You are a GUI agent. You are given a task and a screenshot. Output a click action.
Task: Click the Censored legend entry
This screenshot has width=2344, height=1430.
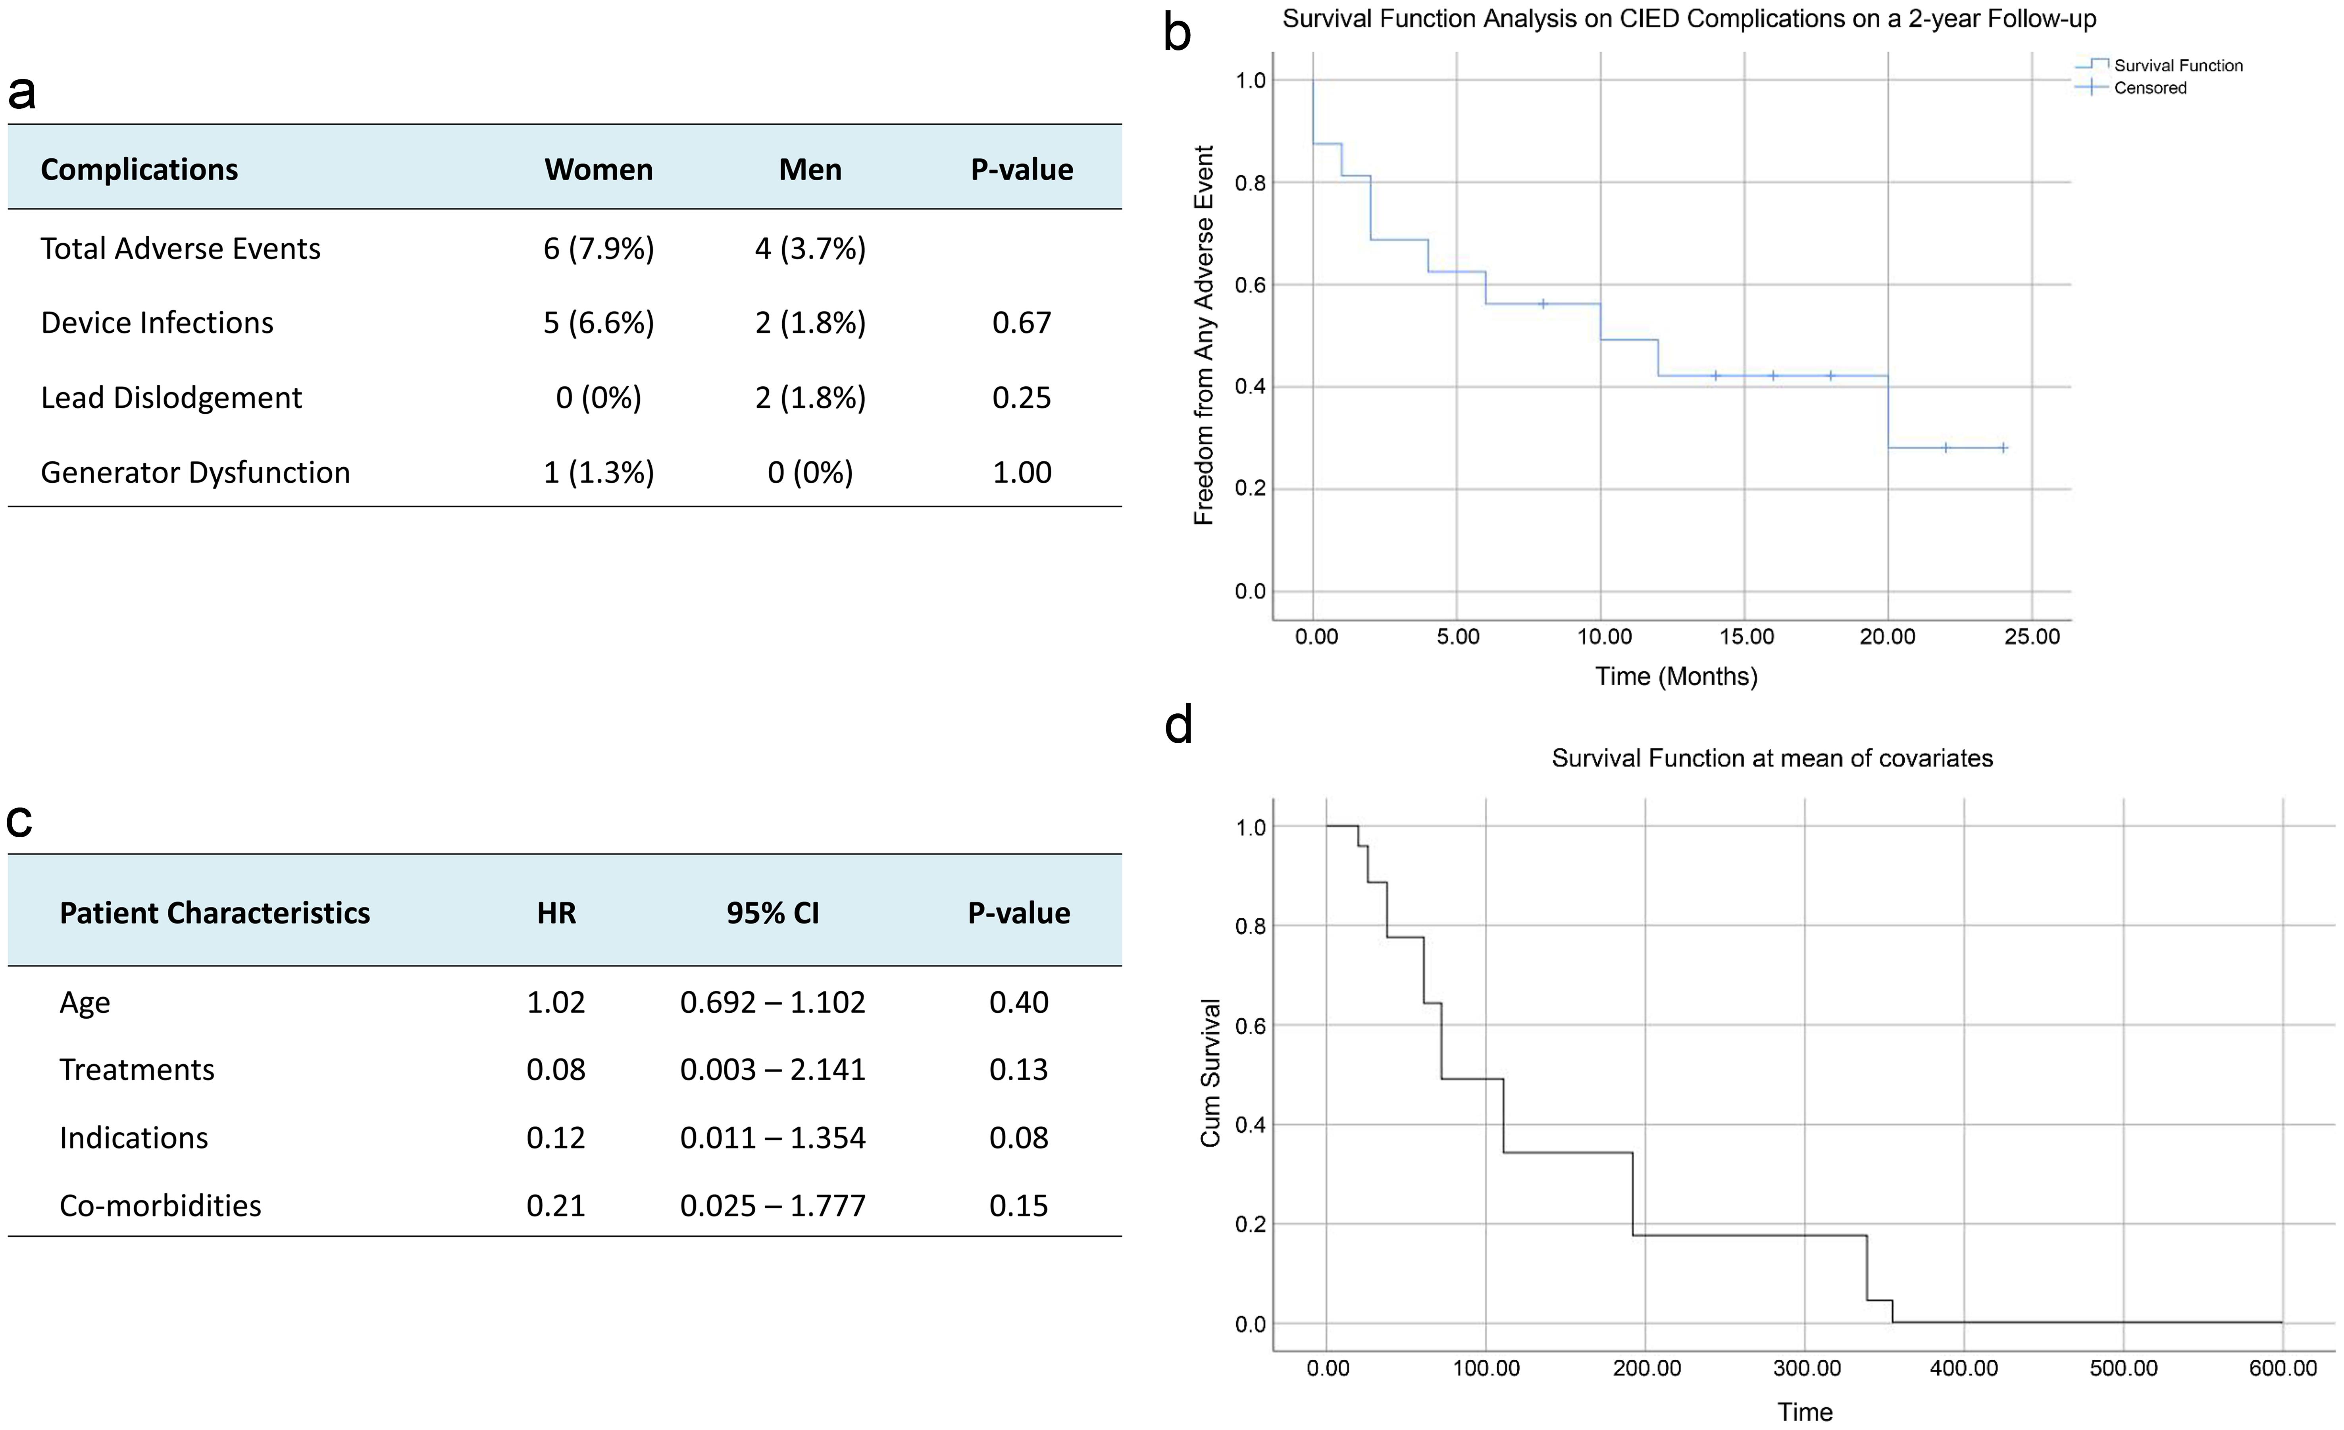click(2149, 87)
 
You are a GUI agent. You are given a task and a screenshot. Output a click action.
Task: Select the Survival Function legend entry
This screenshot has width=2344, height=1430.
click(2177, 65)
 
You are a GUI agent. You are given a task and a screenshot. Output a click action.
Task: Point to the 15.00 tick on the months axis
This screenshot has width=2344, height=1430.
click(1745, 636)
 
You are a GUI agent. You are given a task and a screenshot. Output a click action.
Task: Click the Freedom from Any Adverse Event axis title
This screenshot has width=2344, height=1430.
click(1203, 335)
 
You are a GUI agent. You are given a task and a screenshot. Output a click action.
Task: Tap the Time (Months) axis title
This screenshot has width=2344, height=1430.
click(1675, 676)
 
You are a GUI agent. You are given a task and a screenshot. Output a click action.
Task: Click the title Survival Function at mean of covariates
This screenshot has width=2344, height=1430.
click(1771, 758)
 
